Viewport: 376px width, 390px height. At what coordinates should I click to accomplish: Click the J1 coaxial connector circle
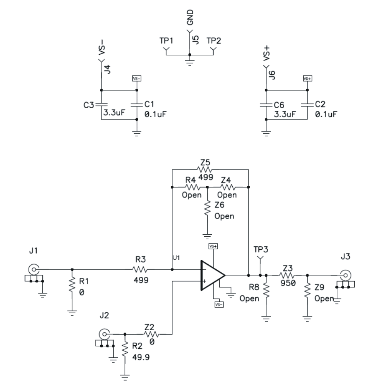(34, 269)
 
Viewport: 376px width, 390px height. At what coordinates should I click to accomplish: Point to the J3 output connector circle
(346, 275)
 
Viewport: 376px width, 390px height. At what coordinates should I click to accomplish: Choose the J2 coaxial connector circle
(104, 334)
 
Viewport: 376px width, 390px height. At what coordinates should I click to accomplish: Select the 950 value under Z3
(286, 284)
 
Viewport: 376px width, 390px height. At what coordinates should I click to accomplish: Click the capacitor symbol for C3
(101, 105)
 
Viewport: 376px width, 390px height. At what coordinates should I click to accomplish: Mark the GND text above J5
(190, 18)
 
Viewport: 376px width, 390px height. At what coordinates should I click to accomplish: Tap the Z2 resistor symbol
(152, 334)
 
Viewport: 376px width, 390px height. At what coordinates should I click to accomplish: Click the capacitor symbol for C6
(266, 105)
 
